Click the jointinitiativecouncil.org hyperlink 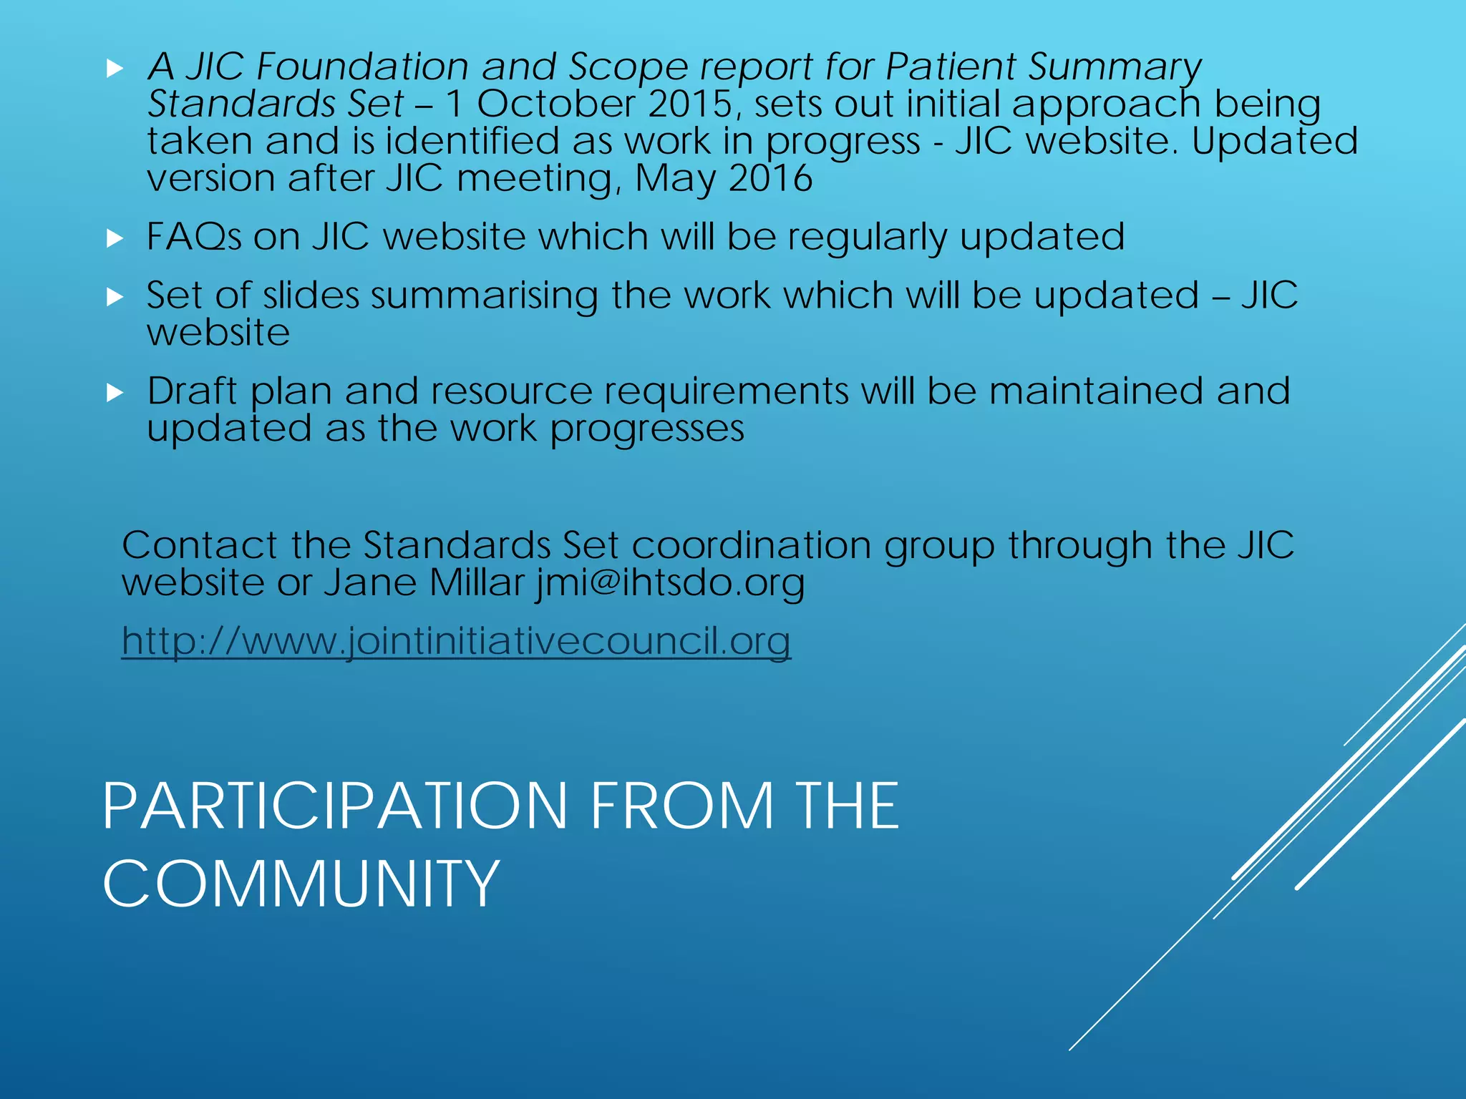click(x=456, y=640)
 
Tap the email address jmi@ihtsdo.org click(x=670, y=582)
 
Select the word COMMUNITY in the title click(x=301, y=884)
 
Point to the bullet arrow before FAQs click(x=115, y=238)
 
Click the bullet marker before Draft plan click(x=115, y=393)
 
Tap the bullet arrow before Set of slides click(x=115, y=297)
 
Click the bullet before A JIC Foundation click(x=115, y=69)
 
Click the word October click(x=556, y=104)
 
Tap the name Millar click(x=477, y=582)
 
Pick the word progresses click(x=647, y=429)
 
